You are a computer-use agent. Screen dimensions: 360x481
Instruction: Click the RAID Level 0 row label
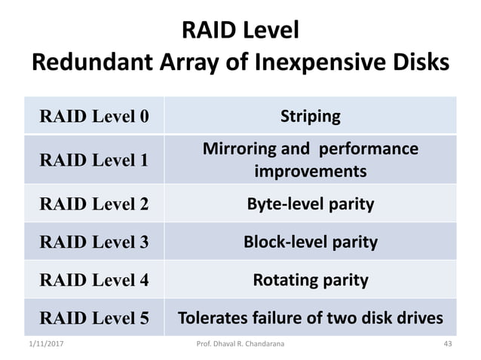pos(93,117)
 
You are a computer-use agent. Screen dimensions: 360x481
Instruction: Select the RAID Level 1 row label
pos(93,160)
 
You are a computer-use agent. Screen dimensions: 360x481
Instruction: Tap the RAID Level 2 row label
pos(93,203)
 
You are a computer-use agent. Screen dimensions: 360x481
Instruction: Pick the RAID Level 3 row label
pos(93,243)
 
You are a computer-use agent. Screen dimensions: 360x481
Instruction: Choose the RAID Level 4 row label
pos(93,281)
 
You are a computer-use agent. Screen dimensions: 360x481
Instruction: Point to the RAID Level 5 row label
pos(93,318)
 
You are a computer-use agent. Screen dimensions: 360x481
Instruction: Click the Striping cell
pos(310,117)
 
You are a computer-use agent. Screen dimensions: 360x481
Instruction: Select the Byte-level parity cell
pos(310,203)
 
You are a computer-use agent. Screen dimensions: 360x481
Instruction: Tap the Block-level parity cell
pos(310,243)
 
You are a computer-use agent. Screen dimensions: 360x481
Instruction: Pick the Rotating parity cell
pos(310,281)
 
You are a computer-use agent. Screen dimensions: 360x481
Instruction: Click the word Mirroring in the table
pos(240,149)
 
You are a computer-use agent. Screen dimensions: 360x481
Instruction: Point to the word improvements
pos(310,171)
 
